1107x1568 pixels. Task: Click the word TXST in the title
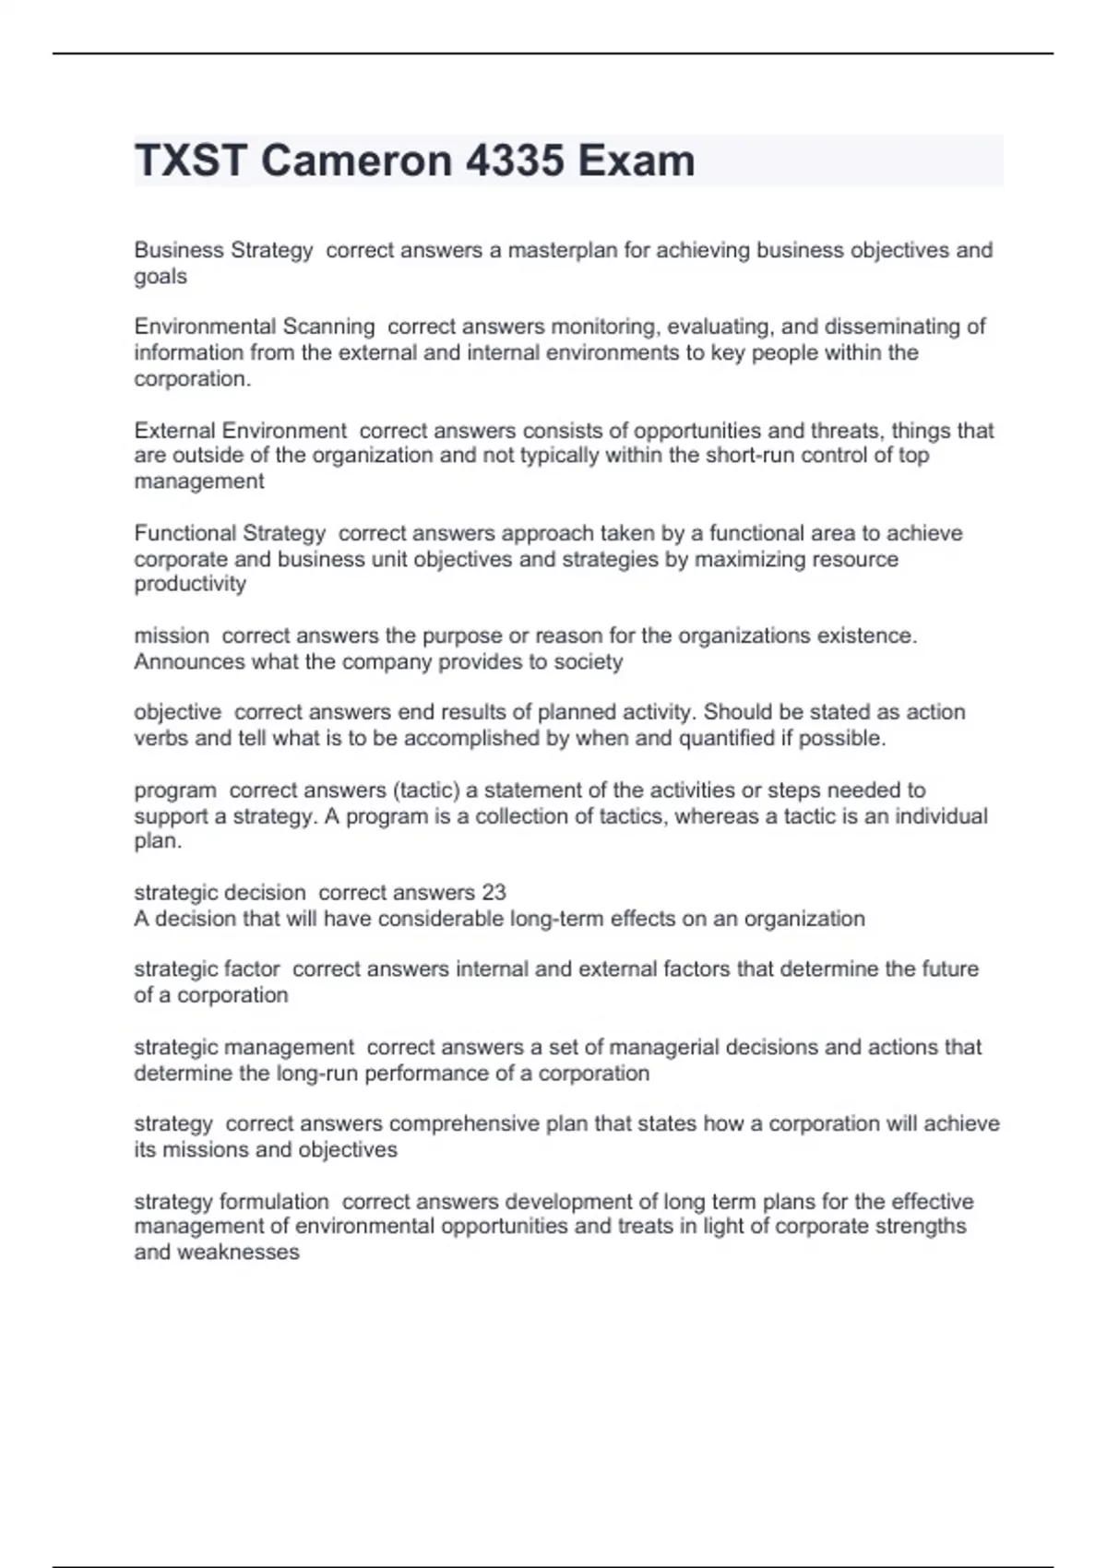pos(190,160)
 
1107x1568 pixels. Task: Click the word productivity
pos(190,584)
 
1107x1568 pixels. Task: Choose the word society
pos(588,661)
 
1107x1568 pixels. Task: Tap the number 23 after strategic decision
pos(494,893)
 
